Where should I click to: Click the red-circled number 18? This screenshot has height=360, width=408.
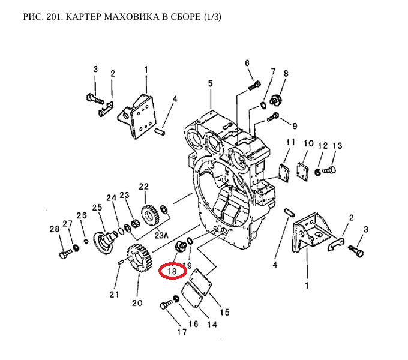pos(173,271)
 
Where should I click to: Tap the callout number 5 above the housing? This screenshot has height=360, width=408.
pos(211,83)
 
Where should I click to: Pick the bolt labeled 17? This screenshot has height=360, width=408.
pos(166,307)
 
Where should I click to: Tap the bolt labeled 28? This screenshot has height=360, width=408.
pos(64,254)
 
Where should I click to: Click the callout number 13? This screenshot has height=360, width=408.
pos(337,146)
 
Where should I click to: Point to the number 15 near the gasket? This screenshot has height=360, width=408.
pos(224,312)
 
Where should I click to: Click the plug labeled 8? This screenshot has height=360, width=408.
pos(277,99)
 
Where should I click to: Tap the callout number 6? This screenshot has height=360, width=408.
pos(247,63)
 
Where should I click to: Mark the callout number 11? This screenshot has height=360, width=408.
pos(291,142)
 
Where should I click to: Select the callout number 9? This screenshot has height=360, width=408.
pos(295,126)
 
